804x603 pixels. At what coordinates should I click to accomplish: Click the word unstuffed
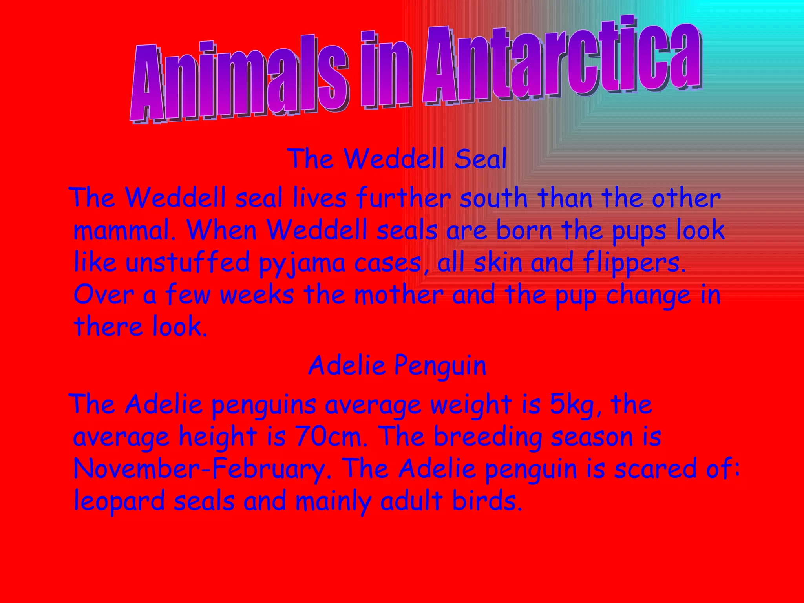tap(187, 262)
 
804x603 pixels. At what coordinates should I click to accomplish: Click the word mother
tap(398, 294)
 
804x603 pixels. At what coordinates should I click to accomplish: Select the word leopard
tap(119, 501)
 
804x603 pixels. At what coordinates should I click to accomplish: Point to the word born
tap(524, 230)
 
